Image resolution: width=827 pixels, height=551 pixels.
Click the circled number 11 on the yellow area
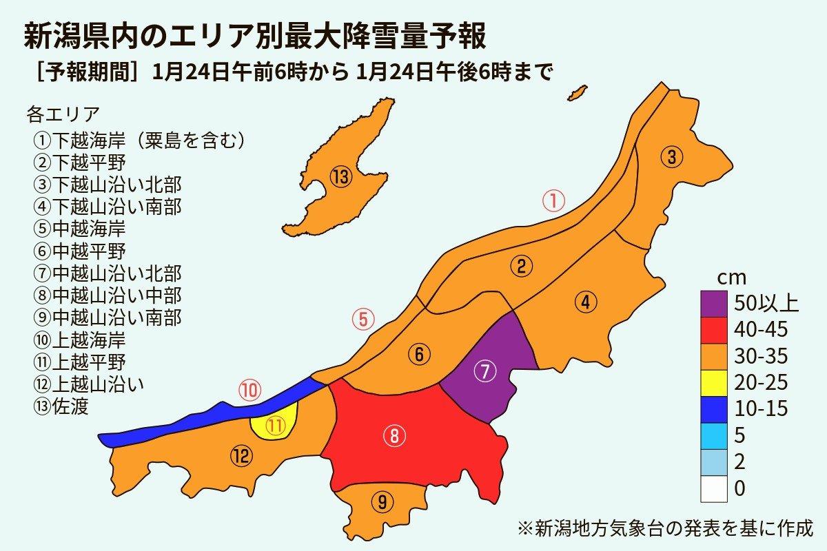(x=276, y=426)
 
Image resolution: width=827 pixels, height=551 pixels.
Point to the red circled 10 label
(x=249, y=391)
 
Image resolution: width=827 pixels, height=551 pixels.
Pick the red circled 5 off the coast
(x=363, y=320)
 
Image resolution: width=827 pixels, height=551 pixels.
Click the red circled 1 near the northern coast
(x=553, y=201)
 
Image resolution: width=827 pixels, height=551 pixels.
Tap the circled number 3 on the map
(x=672, y=157)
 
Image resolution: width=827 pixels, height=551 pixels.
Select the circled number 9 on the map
(x=382, y=502)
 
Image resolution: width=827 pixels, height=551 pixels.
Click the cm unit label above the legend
(x=732, y=278)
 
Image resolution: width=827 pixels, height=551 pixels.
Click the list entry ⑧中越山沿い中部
(x=107, y=295)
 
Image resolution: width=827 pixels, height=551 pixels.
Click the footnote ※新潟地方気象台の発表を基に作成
(x=665, y=529)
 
